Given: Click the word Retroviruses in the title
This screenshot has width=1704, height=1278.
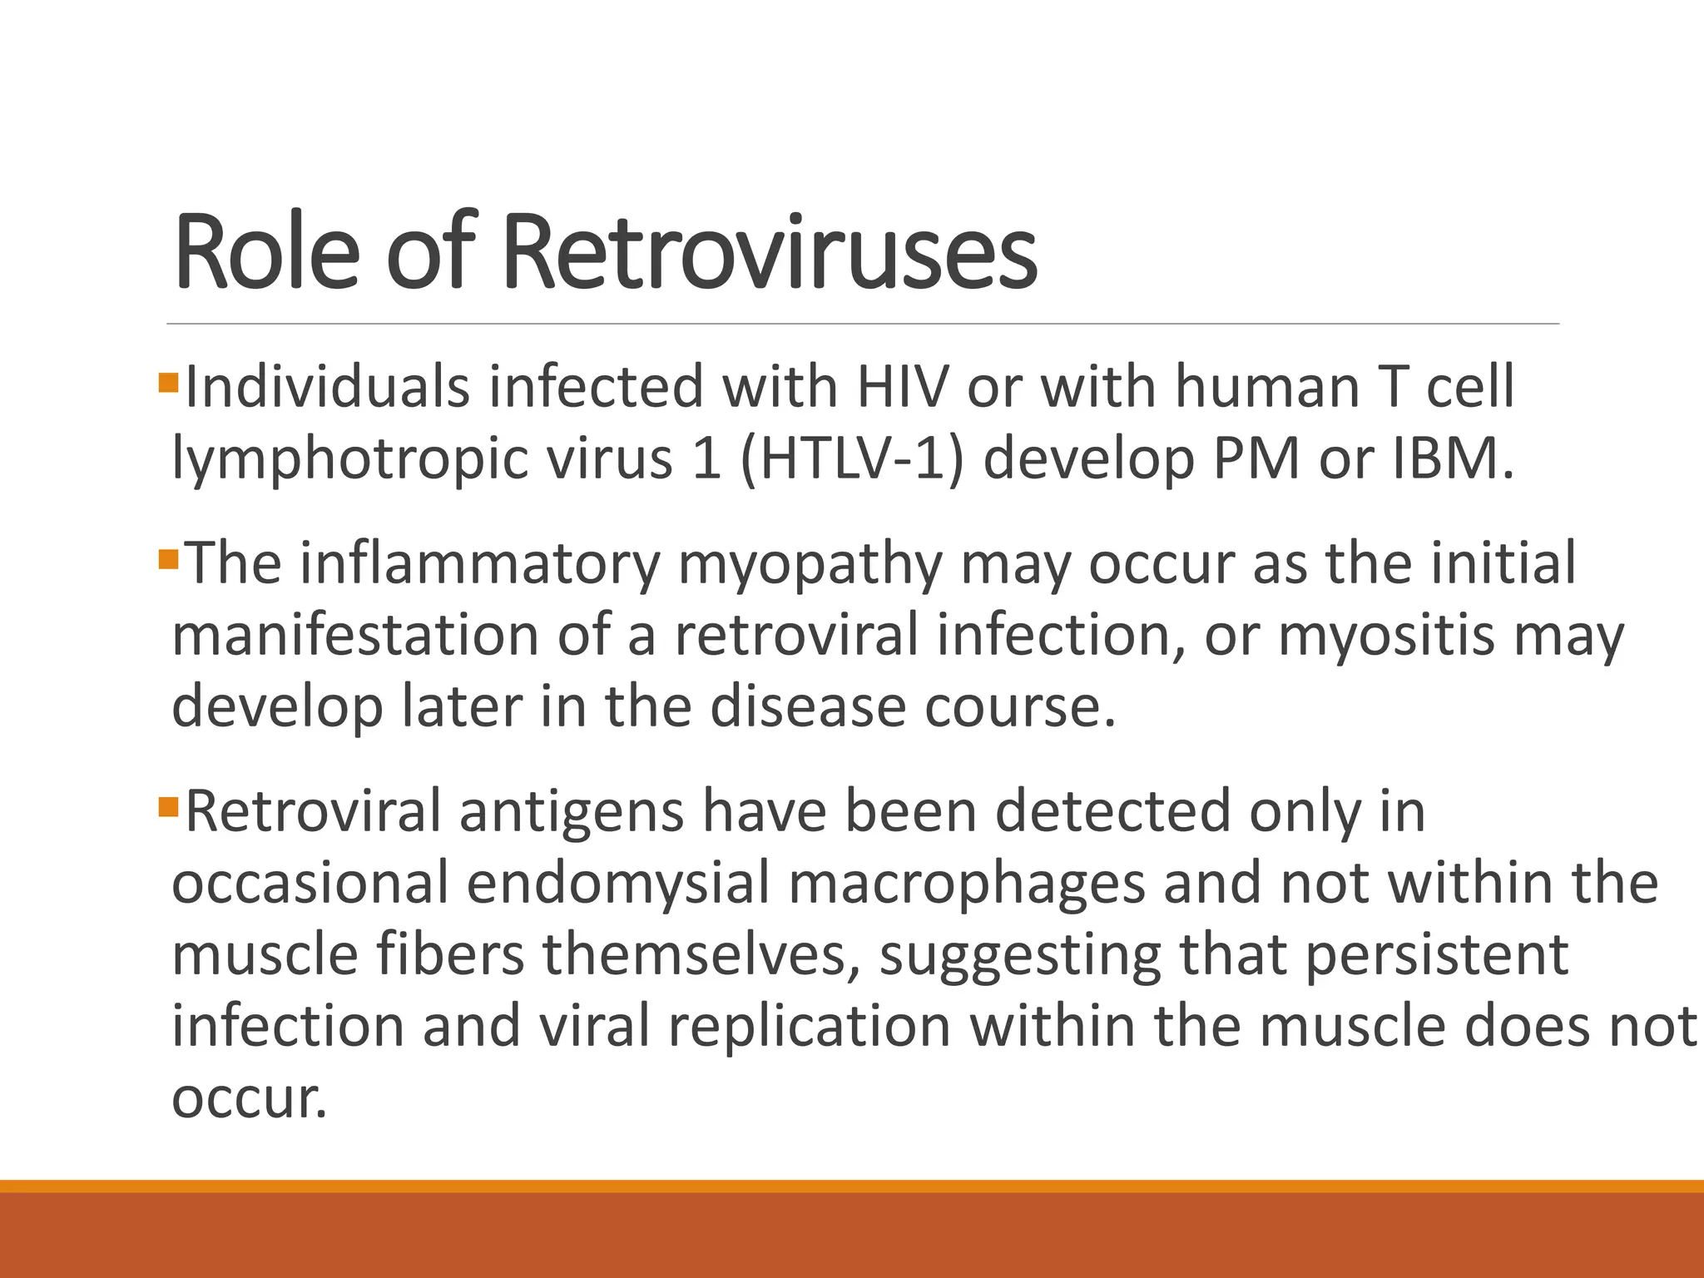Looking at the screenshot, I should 770,253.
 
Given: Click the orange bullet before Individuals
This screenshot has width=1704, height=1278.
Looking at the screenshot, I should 168,384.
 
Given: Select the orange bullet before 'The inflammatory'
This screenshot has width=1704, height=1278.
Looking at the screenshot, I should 168,559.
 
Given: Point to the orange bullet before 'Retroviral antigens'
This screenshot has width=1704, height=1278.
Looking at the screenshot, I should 168,807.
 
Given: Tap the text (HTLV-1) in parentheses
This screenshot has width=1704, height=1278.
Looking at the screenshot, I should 850,459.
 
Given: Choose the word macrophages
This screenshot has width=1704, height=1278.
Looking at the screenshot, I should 966,885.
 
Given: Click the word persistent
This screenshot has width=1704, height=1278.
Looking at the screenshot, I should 1436,955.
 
